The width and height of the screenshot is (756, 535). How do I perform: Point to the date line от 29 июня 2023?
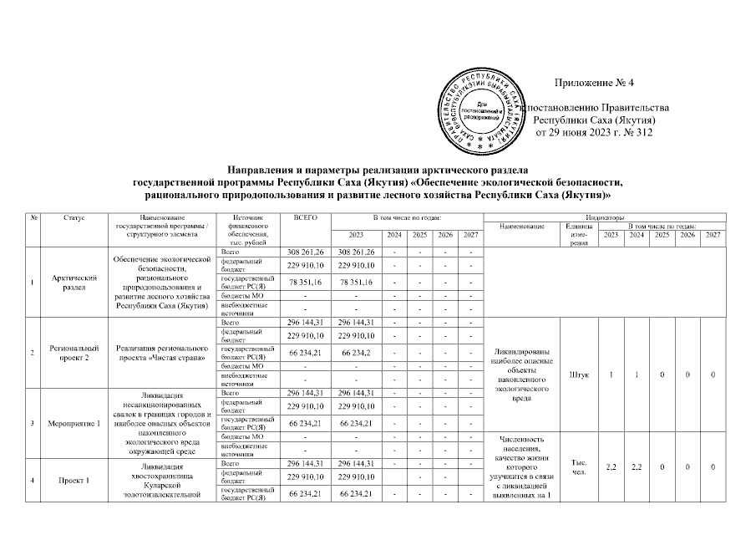point(593,133)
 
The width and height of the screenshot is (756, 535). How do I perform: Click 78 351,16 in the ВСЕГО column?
point(306,283)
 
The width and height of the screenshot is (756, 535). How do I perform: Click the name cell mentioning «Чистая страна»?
point(161,353)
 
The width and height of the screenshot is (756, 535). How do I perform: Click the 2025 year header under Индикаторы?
point(662,235)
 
